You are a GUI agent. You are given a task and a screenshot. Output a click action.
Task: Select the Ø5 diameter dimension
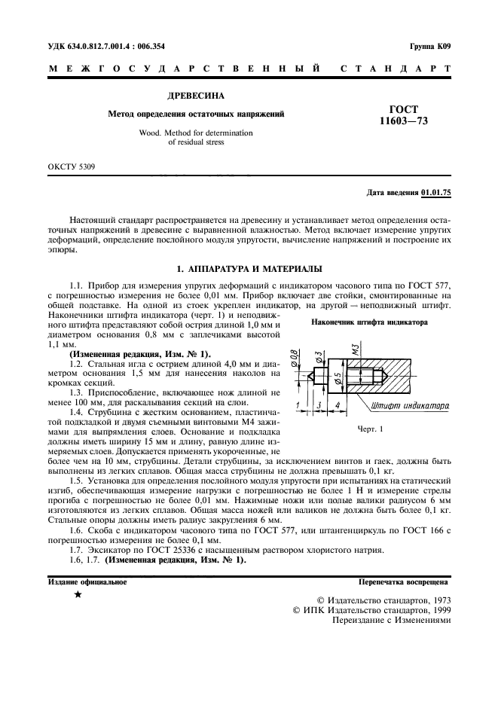point(338,377)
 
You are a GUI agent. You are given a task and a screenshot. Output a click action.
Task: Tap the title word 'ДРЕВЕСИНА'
point(194,96)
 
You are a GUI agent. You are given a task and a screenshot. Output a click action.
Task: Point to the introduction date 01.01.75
point(435,193)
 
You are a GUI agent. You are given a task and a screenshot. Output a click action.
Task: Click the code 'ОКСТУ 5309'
point(72,166)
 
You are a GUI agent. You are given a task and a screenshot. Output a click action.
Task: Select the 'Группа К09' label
point(430,46)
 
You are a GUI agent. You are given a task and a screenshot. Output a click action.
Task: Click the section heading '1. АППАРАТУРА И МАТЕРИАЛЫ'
point(249,268)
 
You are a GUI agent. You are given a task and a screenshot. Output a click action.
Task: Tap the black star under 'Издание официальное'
point(78,595)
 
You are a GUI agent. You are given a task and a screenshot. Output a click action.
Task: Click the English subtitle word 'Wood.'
point(151,132)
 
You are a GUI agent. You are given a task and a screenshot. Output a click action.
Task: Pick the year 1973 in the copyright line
point(436,600)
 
